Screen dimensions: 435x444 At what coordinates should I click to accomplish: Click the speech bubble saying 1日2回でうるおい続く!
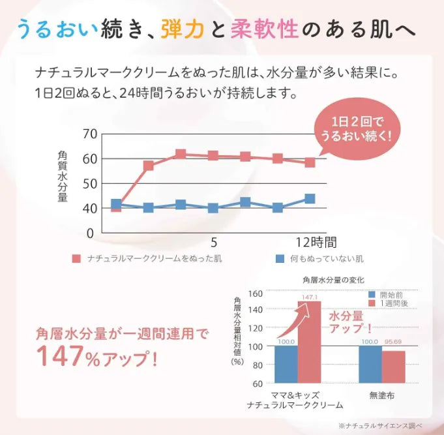[x=355, y=128]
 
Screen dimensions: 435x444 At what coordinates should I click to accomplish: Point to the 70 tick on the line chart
[x=90, y=134]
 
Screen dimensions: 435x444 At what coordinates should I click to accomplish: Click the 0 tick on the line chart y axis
[x=90, y=233]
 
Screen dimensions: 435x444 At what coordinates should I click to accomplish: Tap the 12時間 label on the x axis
[x=315, y=242]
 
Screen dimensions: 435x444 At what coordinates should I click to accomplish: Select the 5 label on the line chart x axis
[x=213, y=242]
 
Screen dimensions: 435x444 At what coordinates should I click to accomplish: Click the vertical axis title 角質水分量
[x=63, y=175]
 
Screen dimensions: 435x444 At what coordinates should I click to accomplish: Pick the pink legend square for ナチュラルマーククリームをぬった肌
[x=76, y=259]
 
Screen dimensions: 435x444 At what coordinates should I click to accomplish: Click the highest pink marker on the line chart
[x=181, y=155]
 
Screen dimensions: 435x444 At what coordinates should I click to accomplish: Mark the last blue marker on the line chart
[x=310, y=199]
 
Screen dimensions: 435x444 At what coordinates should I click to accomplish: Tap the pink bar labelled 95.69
[x=393, y=367]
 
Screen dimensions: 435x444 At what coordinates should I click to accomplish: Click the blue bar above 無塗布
[x=370, y=364]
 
